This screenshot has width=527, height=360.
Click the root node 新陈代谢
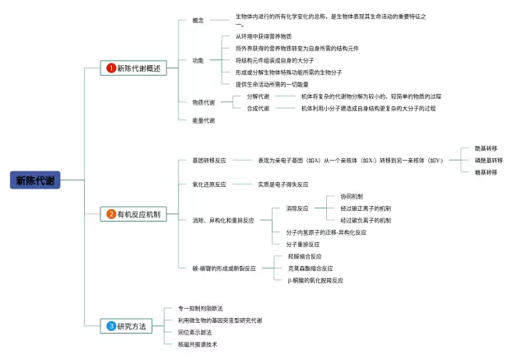[x=37, y=180]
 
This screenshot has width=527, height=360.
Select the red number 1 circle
[x=111, y=68]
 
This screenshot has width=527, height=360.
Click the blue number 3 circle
[x=111, y=326]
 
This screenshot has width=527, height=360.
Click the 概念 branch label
[x=198, y=20]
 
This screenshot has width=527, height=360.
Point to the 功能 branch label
[x=198, y=60]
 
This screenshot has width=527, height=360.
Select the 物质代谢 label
[x=203, y=102]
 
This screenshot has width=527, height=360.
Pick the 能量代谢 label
[x=203, y=120]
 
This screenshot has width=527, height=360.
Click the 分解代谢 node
[x=258, y=96]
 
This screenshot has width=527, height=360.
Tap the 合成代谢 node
[x=258, y=108]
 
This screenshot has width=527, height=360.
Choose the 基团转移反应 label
[x=209, y=159]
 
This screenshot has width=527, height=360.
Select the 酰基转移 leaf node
[x=486, y=148]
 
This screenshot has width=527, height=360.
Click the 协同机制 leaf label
[x=352, y=196]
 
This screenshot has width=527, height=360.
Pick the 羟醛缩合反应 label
[x=305, y=256]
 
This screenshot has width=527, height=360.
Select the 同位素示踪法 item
[x=194, y=332]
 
